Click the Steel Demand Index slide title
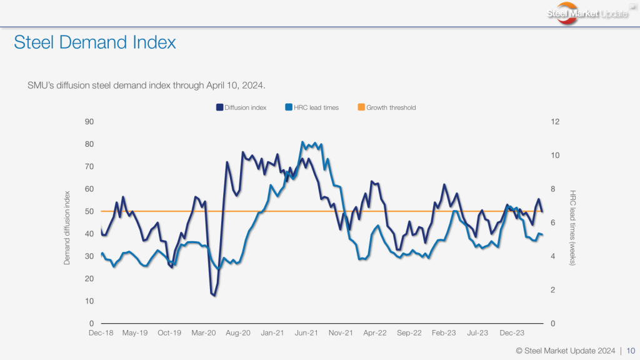pyautogui.click(x=95, y=42)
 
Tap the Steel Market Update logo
pyautogui.click(x=587, y=14)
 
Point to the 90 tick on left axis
pyautogui.click(x=89, y=121)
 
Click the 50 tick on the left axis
pyautogui.click(x=89, y=211)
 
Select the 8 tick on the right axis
pyautogui.click(x=552, y=189)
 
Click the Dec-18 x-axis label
pyautogui.click(x=101, y=334)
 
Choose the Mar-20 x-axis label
pyautogui.click(x=204, y=334)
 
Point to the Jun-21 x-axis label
pyautogui.click(x=307, y=334)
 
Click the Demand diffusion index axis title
pyautogui.click(x=67, y=227)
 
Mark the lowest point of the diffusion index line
pyautogui.click(x=214, y=296)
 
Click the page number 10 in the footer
pyautogui.click(x=631, y=350)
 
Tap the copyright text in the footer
pyautogui.click(x=565, y=350)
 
